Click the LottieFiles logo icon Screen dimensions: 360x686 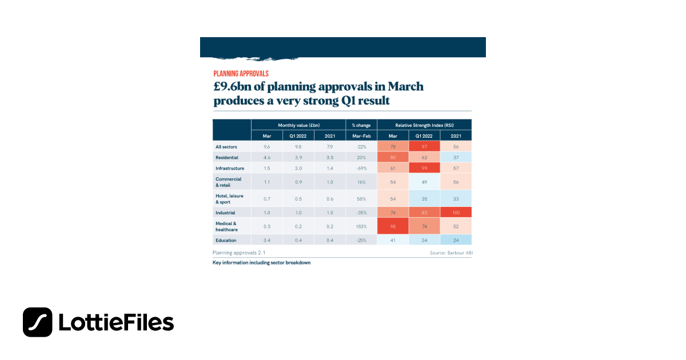[38, 322]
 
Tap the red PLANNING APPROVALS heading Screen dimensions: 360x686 [241, 74]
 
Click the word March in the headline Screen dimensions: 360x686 [405, 86]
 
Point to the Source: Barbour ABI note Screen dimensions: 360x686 [450, 252]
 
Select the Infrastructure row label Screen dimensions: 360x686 [229, 169]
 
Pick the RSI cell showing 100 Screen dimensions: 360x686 [456, 212]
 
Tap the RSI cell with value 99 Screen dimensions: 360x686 [424, 169]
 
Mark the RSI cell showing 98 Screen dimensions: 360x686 [393, 226]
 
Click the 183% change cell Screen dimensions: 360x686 [361, 226]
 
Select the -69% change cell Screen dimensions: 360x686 [361, 169]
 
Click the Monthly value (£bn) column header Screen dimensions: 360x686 [298, 125]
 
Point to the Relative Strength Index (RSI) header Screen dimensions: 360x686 [424, 125]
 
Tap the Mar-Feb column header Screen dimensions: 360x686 [361, 136]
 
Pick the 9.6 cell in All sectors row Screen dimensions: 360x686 [266, 147]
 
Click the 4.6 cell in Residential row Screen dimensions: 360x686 [266, 157]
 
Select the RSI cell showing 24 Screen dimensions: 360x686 [456, 240]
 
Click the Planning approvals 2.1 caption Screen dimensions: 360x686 [239, 252]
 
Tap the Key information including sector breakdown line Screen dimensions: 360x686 [261, 262]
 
